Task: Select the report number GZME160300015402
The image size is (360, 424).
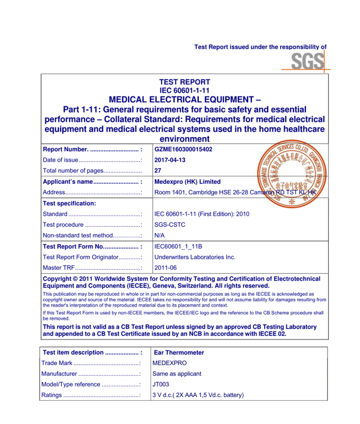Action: tap(183, 149)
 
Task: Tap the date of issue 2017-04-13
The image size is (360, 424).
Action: tap(170, 160)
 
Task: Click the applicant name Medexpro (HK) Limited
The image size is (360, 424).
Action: tap(187, 181)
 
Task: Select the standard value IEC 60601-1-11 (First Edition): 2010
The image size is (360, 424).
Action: tap(202, 214)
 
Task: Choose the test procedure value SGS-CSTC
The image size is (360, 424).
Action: tap(170, 225)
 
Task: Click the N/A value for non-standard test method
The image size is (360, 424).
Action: tap(159, 236)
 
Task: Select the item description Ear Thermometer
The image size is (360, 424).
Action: tap(179, 352)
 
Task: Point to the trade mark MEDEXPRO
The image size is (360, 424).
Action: tap(170, 363)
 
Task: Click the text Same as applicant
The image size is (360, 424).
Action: tap(177, 374)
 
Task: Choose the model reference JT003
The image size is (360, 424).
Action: tap(161, 384)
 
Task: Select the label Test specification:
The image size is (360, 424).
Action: tap(69, 203)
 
